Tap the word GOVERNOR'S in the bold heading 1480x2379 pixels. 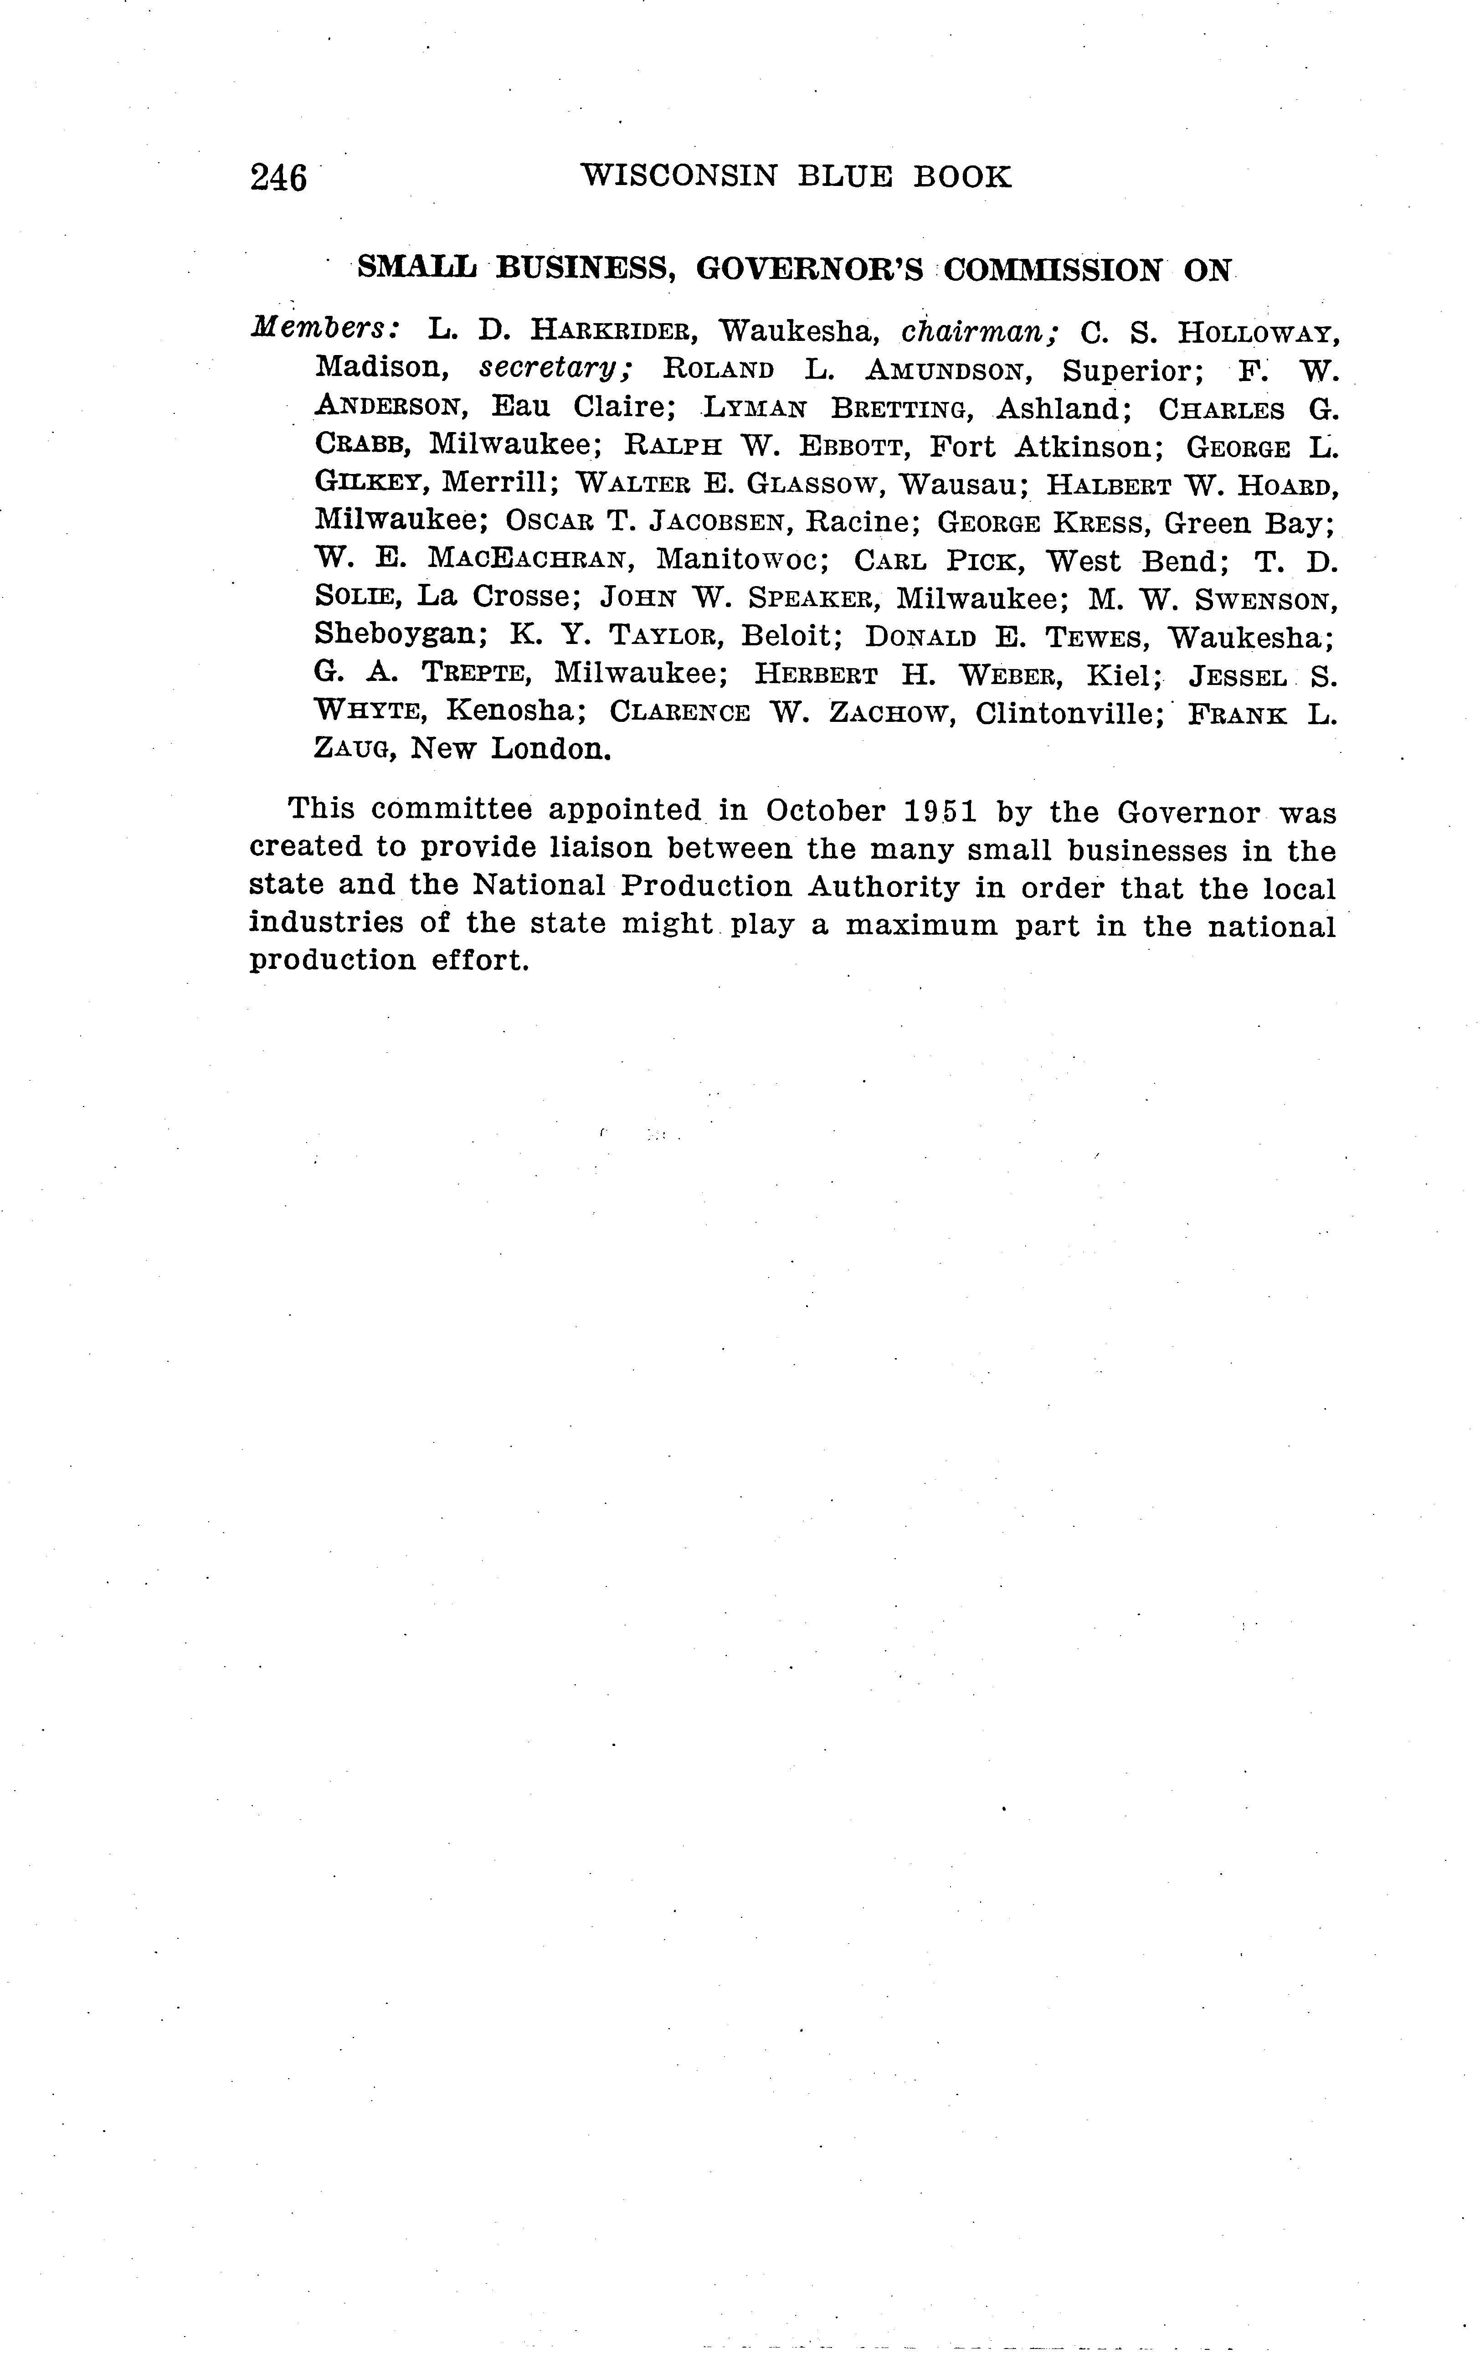(x=810, y=269)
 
